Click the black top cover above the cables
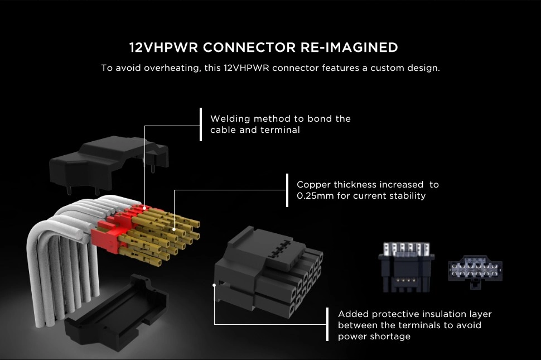click(x=106, y=161)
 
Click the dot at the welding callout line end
click(x=144, y=208)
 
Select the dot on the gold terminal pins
click(x=175, y=228)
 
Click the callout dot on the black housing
click(x=215, y=285)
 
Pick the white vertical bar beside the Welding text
click(x=200, y=124)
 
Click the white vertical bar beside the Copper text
click(x=287, y=190)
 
